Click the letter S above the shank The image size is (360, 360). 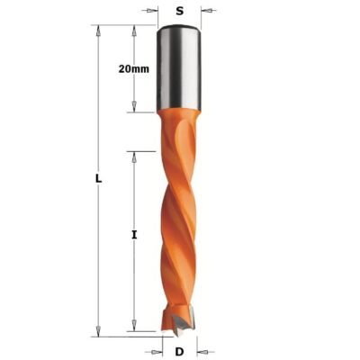[180, 12]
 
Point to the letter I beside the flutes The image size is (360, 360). [133, 235]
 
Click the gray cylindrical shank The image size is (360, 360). [180, 67]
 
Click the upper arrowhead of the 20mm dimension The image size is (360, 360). [133, 30]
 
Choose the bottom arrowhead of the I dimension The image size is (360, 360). [133, 330]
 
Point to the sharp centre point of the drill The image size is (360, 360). [180, 334]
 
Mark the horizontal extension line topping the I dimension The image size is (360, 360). [144, 150]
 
